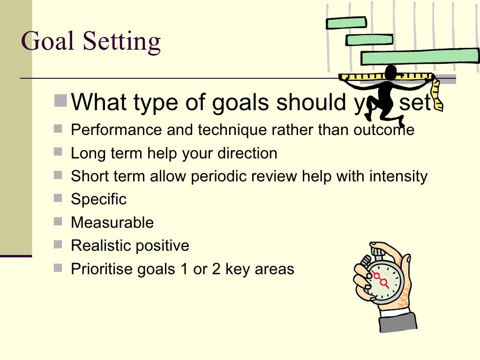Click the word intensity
[x=398, y=176]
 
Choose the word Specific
[x=98, y=199]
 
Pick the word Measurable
[x=112, y=222]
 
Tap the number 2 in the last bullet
[x=216, y=269]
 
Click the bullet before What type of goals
[x=60, y=100]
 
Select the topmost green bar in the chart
[x=346, y=22]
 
